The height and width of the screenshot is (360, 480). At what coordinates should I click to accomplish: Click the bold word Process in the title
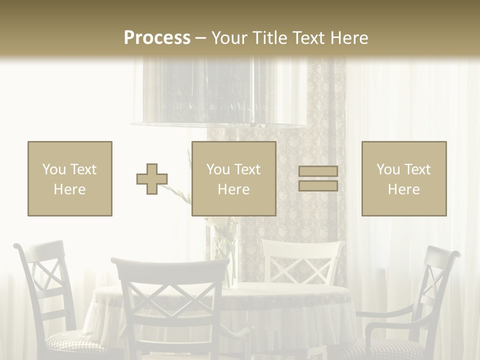point(157,38)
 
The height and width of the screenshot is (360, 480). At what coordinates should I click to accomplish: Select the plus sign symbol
point(152,179)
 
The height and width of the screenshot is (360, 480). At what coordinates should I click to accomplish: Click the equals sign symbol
point(318,179)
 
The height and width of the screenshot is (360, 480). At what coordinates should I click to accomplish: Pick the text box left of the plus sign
point(70,179)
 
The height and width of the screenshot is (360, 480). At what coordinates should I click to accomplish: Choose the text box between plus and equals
point(233,179)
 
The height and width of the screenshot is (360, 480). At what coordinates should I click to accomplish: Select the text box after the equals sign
point(403,179)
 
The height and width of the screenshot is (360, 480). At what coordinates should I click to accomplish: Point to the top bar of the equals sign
point(318,171)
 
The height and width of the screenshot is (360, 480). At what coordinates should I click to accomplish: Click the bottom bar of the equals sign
point(318,186)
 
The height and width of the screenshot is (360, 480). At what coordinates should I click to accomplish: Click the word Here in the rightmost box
point(403,189)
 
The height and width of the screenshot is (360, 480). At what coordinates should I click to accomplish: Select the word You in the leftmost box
point(53,169)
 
